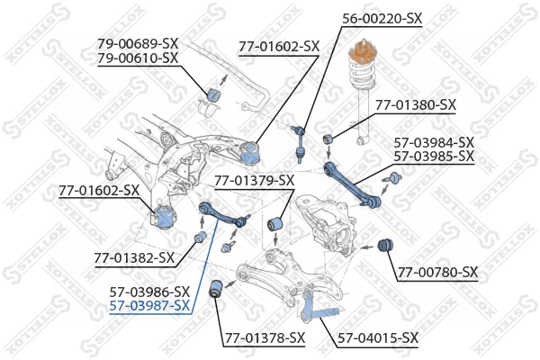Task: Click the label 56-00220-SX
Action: coord(382,17)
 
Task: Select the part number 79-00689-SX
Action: coord(138,42)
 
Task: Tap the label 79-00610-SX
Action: coord(138,58)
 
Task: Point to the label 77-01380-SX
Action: coord(416,105)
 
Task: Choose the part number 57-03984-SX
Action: coord(434,141)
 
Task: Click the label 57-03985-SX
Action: coord(434,156)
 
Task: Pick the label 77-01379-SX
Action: coord(254,180)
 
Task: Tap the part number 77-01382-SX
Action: coord(134,258)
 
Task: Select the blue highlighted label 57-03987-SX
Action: coord(149,306)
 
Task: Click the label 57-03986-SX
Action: coord(149,292)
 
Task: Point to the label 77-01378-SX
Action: coord(265,338)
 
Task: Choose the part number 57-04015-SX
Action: coord(378,338)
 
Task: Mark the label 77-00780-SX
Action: coord(438,272)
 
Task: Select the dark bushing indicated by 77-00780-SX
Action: coord(388,245)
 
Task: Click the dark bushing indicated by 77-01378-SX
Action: coord(216,289)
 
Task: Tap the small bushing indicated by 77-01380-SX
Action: coord(329,137)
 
